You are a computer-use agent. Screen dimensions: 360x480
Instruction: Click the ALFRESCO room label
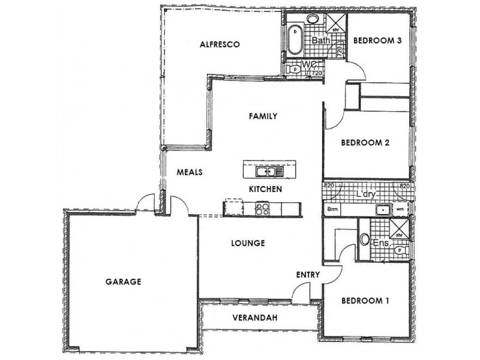tap(220, 44)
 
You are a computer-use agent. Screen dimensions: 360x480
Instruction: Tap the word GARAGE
tap(123, 281)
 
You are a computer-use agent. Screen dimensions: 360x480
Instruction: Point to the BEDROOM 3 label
tap(377, 41)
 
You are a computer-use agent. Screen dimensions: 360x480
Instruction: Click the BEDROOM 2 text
tap(365, 143)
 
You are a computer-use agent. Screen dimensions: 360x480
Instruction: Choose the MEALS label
tap(189, 172)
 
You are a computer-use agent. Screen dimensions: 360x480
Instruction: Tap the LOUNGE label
tap(248, 244)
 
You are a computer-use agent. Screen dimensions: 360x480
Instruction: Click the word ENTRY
tap(308, 275)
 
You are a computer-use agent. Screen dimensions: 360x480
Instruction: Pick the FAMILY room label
tap(263, 116)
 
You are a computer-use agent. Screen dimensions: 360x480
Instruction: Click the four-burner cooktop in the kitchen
tap(262, 209)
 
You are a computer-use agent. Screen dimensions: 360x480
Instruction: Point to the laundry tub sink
tap(381, 210)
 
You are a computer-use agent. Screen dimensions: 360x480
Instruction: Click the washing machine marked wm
tap(400, 210)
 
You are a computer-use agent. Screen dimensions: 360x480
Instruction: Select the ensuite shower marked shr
tap(398, 228)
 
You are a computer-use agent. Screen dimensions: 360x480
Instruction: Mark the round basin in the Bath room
tap(313, 19)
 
